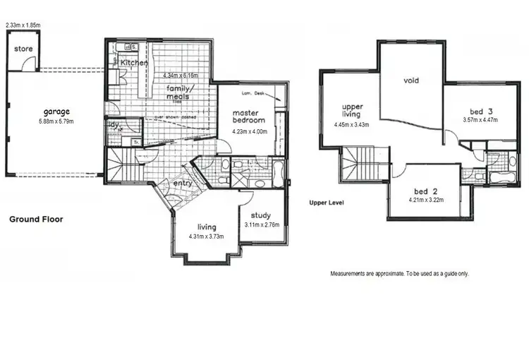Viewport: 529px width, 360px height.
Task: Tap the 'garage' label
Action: point(56,112)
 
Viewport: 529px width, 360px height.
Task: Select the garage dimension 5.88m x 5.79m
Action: point(56,121)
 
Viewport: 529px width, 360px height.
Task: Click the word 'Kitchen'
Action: point(134,63)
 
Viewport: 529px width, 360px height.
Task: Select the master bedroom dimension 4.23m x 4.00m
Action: point(250,130)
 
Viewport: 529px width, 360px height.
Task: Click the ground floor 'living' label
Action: point(207,227)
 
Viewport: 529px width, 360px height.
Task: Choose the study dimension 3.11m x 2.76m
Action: point(261,225)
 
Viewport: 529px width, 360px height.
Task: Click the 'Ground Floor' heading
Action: point(35,220)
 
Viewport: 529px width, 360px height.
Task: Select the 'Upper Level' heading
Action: point(327,202)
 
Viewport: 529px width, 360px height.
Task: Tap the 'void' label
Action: point(411,80)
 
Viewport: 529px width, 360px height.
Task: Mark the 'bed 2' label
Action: point(422,191)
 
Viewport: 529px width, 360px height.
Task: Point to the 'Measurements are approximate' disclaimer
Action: point(399,273)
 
